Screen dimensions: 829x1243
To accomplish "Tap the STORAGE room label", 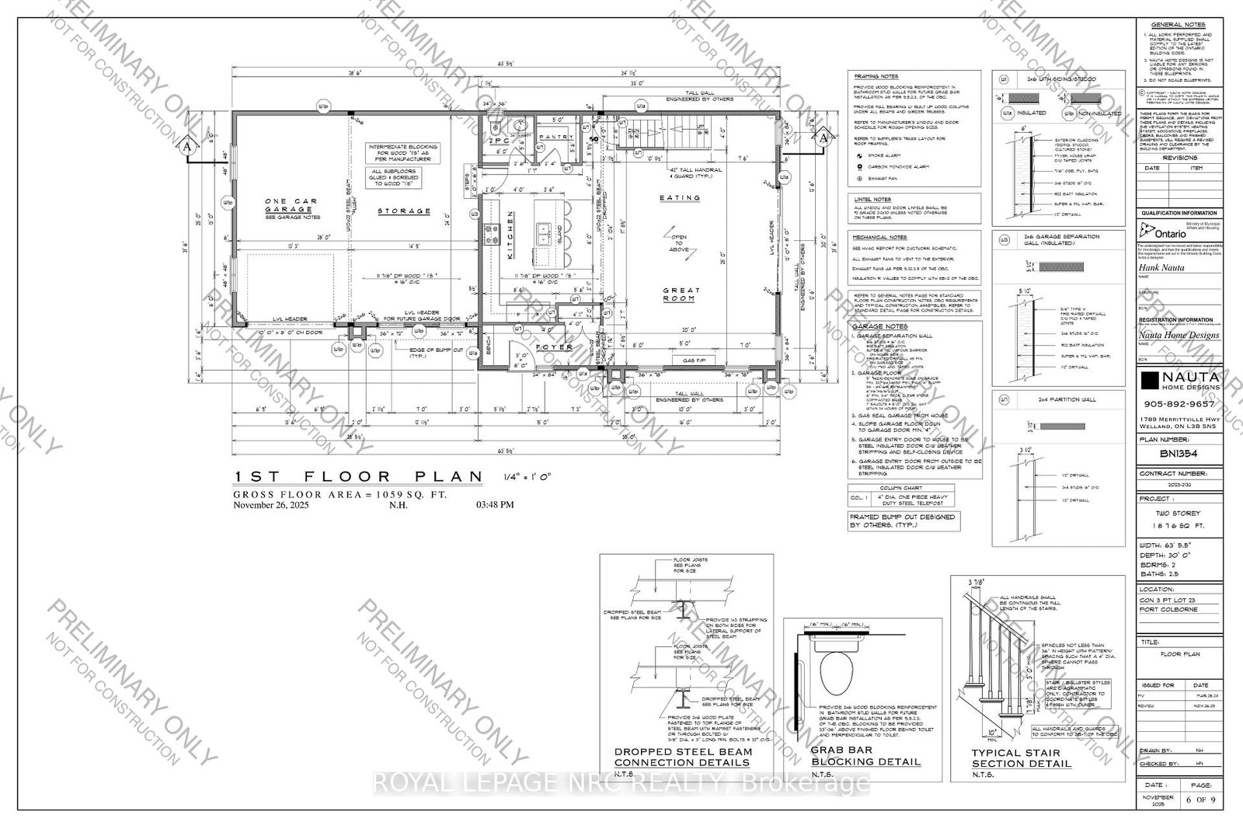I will point(404,211).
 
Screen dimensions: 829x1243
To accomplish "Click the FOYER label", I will point(553,347).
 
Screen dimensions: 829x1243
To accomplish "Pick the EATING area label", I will point(679,198).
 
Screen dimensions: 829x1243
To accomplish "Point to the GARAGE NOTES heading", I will point(879,327).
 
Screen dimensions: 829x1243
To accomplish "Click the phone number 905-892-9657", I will point(1179,404).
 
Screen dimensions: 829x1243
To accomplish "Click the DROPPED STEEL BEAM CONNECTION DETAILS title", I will point(683,758).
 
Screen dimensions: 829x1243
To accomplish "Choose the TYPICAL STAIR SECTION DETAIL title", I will point(1021,758).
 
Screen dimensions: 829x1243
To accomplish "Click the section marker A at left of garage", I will point(186,146).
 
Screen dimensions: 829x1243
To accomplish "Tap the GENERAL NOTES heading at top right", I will point(1178,25).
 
